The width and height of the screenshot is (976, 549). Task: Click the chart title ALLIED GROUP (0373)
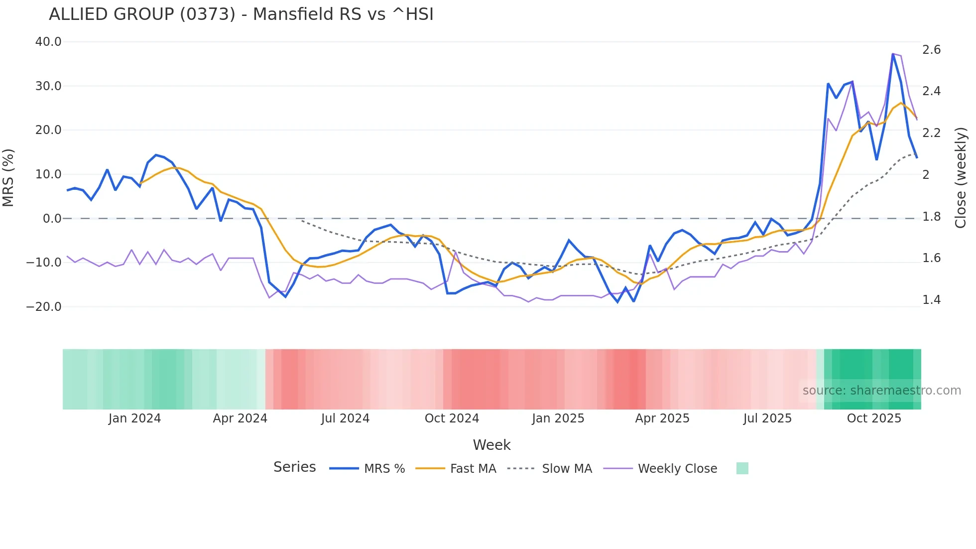[x=241, y=14]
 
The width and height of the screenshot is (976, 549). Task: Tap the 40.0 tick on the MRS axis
[x=48, y=42]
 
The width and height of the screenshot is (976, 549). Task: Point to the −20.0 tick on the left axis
[x=44, y=307]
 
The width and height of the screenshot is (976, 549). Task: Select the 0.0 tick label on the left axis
[x=52, y=219]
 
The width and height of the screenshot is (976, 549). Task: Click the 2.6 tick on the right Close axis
[x=931, y=50]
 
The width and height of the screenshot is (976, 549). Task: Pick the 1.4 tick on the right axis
[x=931, y=300]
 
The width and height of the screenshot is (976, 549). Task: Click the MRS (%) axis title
[x=8, y=178]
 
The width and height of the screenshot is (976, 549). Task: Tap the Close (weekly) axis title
[x=961, y=178]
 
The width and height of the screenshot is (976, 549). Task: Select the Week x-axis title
[x=491, y=445]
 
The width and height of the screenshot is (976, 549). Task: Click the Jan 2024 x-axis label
[x=134, y=418]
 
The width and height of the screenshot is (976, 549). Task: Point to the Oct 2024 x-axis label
[x=452, y=418]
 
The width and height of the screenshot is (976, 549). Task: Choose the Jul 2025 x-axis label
[x=767, y=418]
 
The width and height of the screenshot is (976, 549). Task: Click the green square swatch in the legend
[x=742, y=468]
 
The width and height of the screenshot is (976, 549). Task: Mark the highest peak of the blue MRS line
[x=893, y=54]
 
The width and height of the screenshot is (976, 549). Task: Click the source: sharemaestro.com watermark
[x=881, y=391]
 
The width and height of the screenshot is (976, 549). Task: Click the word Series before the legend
[x=294, y=467]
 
